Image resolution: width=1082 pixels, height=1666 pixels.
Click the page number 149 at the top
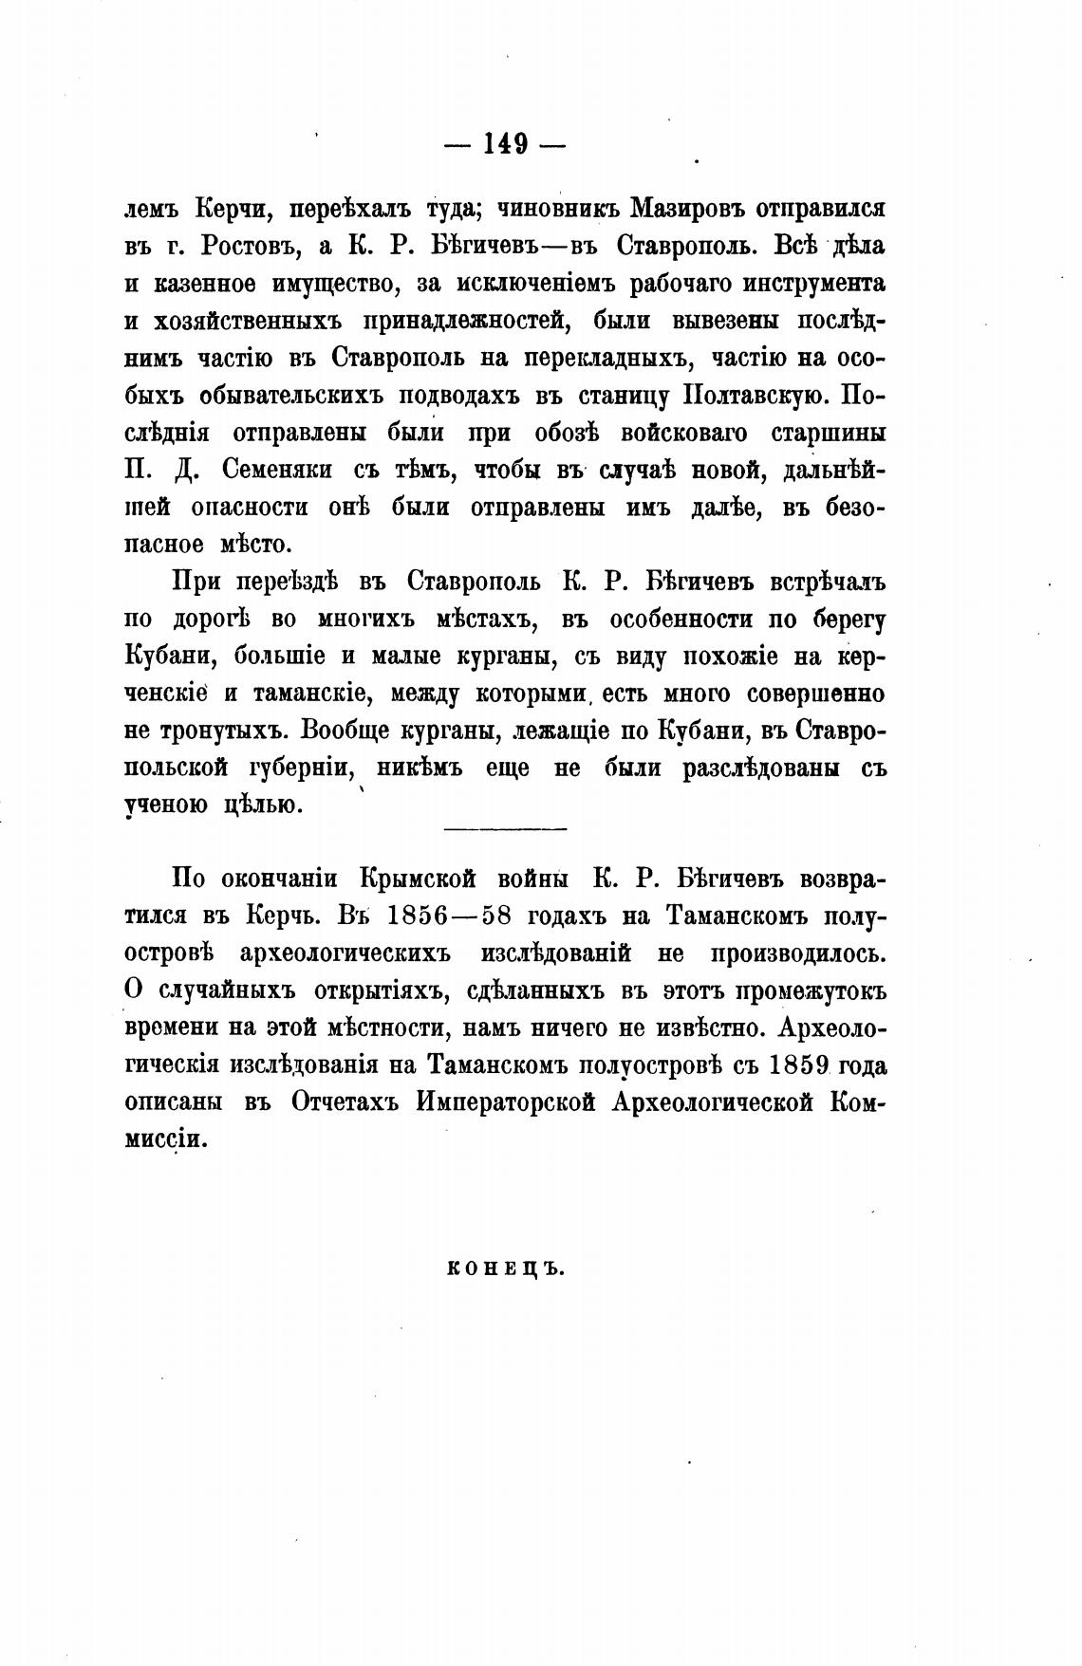505,145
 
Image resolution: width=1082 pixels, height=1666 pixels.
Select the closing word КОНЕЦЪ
505,1269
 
